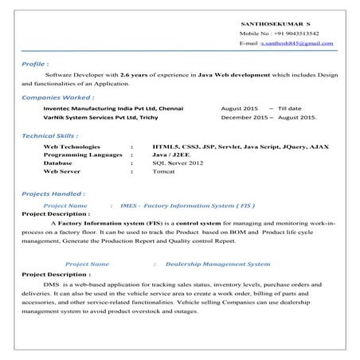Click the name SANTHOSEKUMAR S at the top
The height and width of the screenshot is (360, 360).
[x=272, y=24]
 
